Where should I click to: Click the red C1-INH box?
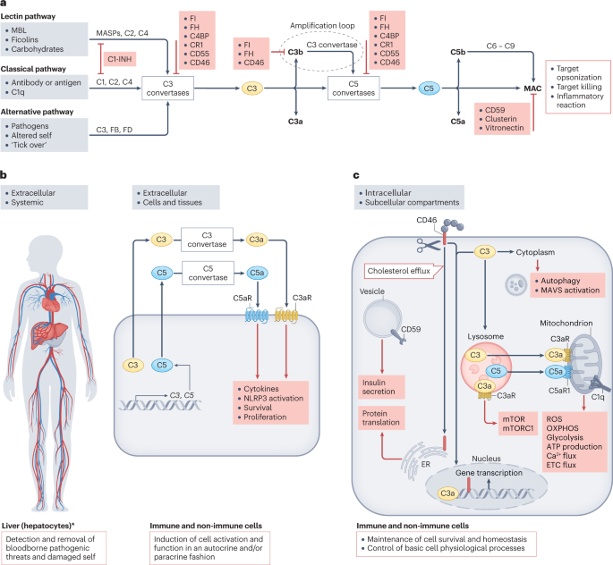pos(123,58)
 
